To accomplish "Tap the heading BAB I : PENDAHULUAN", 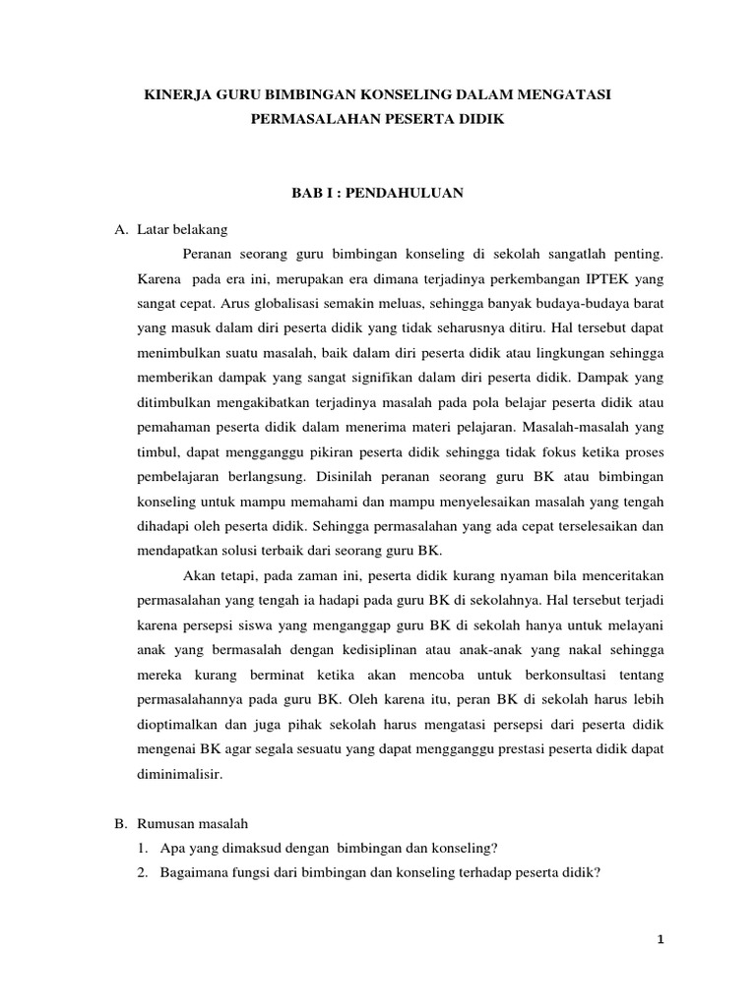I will click(378, 195).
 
